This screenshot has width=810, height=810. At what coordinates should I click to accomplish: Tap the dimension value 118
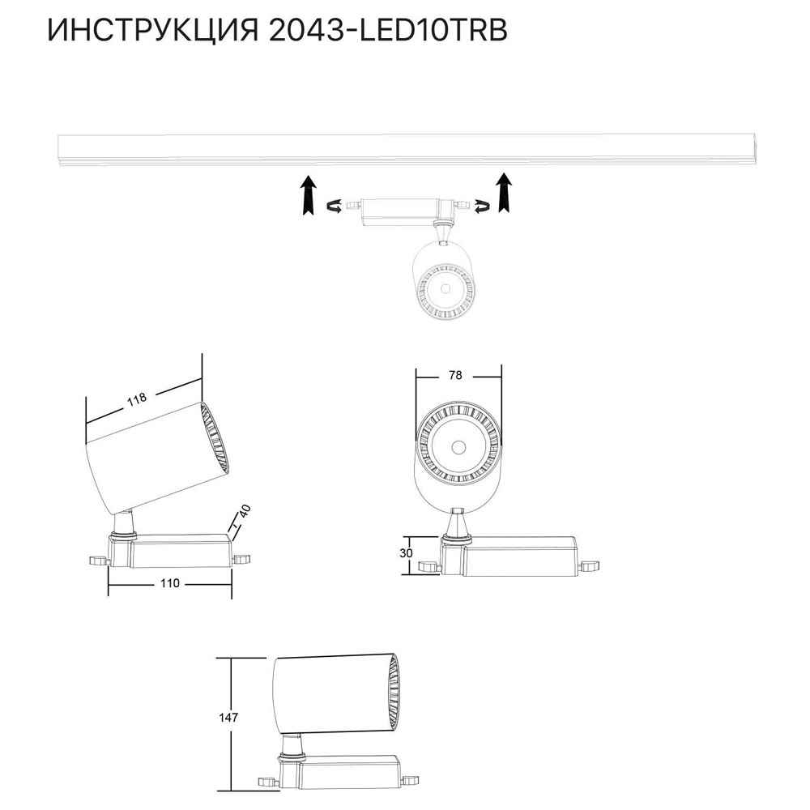coord(136,399)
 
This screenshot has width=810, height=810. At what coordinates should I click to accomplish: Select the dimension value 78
coord(455,375)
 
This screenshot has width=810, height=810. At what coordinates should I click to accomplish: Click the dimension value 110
coord(169,583)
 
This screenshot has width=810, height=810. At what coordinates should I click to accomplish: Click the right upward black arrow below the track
coord(505,194)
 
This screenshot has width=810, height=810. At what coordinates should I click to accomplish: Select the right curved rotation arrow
coord(480,207)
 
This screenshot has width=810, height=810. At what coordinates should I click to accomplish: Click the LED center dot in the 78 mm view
coord(458,446)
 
